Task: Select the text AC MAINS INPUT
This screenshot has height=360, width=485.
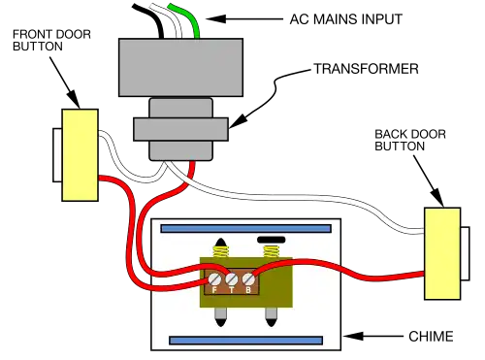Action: [x=345, y=19]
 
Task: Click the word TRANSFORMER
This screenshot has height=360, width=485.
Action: [x=366, y=69]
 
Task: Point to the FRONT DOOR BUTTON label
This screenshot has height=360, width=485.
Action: [x=51, y=40]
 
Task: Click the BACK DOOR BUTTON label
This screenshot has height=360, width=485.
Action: [x=410, y=140]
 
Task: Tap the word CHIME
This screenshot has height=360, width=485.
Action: [x=431, y=337]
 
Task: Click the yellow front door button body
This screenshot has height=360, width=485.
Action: [x=80, y=155]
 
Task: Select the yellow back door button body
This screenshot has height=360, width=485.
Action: [x=442, y=253]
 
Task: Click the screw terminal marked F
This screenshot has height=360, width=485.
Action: [x=213, y=278]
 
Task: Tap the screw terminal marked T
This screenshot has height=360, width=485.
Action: [x=232, y=278]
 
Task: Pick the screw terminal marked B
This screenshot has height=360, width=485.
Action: [x=248, y=278]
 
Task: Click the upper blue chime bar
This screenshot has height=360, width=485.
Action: [x=246, y=229]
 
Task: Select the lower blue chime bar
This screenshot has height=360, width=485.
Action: [x=246, y=341]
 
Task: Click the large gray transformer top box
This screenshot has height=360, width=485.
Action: [x=180, y=67]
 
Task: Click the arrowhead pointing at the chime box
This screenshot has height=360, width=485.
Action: [x=353, y=336]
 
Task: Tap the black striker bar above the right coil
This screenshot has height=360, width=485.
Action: [x=272, y=240]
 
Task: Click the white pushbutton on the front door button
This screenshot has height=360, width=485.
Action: [x=57, y=155]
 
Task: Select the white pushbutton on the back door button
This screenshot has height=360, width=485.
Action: [x=465, y=253]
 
